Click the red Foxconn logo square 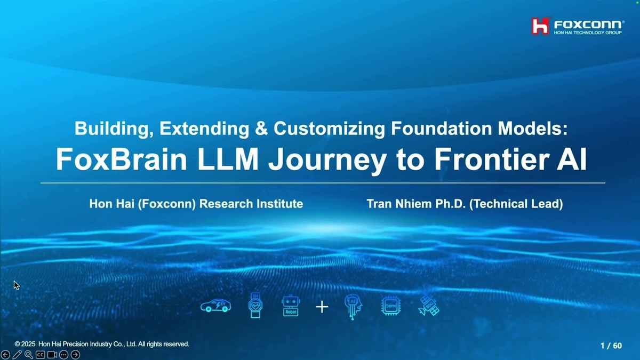click(x=540, y=25)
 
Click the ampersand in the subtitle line click(x=261, y=129)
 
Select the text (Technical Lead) click(x=516, y=204)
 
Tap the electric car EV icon click(x=215, y=306)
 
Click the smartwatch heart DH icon click(x=255, y=306)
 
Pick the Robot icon click(x=290, y=306)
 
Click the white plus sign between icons click(x=322, y=307)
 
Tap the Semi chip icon click(x=391, y=306)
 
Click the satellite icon click(x=429, y=306)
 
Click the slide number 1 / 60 click(x=611, y=346)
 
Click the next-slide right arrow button click(x=76, y=355)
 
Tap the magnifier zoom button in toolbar click(x=29, y=355)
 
